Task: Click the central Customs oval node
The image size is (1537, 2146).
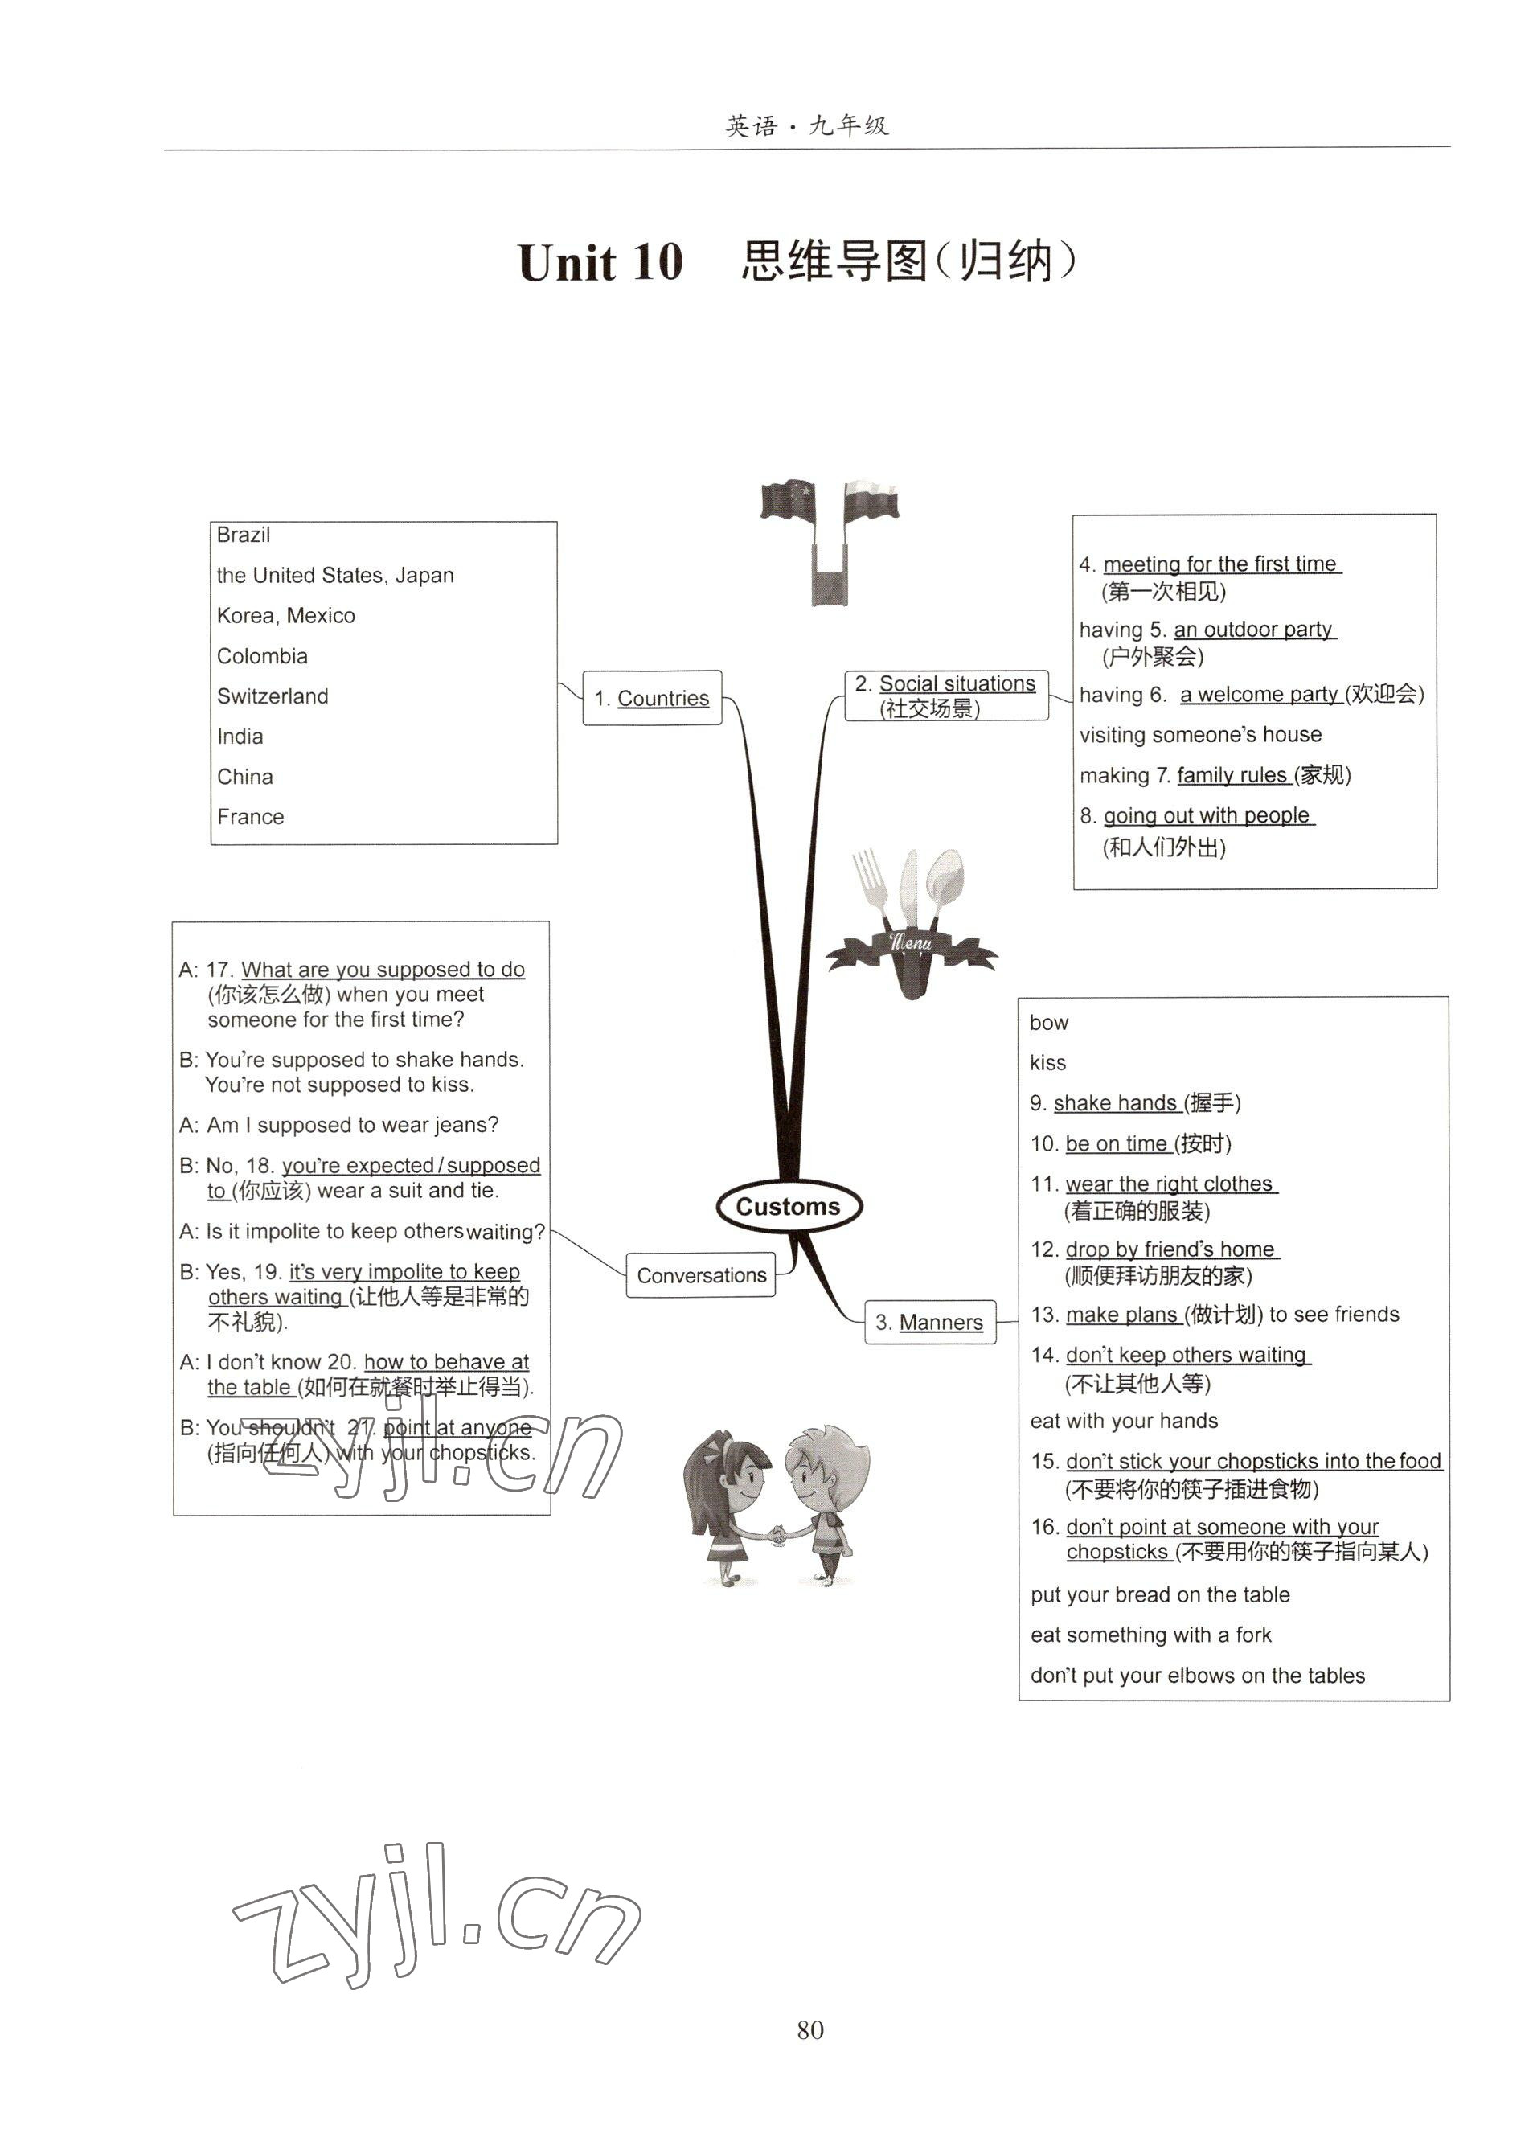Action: [788, 1205]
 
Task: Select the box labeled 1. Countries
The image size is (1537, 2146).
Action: [652, 698]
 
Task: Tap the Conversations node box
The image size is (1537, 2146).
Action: [701, 1274]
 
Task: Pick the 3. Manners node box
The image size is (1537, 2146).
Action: [930, 1322]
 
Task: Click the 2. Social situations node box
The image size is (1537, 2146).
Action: [946, 696]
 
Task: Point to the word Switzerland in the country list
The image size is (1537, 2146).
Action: [273, 696]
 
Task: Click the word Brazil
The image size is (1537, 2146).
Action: [243, 535]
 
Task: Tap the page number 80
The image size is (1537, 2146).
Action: [809, 2029]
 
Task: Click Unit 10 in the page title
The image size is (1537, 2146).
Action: [600, 262]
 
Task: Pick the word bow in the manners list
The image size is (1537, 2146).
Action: [1048, 1023]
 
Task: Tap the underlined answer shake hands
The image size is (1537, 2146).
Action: [1114, 1103]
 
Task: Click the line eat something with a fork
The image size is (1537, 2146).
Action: [1150, 1634]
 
